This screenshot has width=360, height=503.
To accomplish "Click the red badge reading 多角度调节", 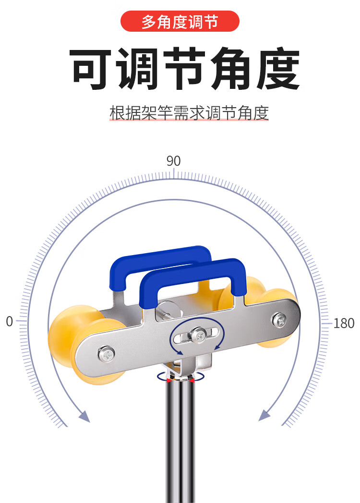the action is tap(180, 21).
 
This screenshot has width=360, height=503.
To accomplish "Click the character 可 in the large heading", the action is tap(90, 68).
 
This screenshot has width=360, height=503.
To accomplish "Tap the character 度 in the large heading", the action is tap(277, 68).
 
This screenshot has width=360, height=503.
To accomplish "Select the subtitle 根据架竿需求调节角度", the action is tap(189, 113).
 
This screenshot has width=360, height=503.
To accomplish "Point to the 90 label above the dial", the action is tap(173, 161).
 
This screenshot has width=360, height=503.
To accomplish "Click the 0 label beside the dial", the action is tap(9, 321).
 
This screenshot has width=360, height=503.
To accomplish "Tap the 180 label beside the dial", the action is tap(344, 323).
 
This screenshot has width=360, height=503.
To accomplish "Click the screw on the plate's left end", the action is tap(107, 354).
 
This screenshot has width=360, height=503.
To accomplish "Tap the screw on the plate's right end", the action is tap(279, 320).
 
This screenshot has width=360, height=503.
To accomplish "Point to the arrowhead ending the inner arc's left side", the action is tap(84, 416).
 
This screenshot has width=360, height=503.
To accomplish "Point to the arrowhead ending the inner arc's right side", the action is tap(264, 415).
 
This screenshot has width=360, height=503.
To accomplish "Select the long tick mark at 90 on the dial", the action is tap(174, 173).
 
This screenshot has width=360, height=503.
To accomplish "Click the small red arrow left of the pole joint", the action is tap(168, 380).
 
